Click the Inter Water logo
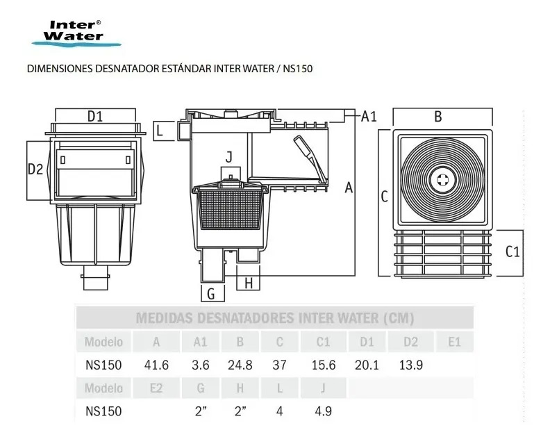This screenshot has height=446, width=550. (76, 33)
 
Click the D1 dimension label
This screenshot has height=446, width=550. (95, 116)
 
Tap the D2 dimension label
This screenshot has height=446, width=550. (35, 170)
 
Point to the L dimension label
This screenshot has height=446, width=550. (160, 131)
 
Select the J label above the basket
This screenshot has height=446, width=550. (229, 157)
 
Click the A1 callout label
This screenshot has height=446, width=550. (369, 116)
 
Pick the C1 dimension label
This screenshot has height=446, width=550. (512, 251)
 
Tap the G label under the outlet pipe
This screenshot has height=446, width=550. (211, 294)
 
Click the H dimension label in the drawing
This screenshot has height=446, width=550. (249, 283)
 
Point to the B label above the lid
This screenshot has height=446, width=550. (438, 117)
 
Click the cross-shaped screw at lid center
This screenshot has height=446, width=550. (442, 180)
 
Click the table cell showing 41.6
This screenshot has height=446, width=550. (156, 365)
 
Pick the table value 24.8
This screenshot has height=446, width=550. (240, 365)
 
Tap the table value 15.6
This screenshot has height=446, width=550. (324, 365)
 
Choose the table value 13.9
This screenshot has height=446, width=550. (410, 365)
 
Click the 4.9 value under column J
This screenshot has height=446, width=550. (323, 411)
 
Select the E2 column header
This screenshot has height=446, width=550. (156, 388)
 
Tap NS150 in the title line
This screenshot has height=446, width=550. (298, 68)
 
